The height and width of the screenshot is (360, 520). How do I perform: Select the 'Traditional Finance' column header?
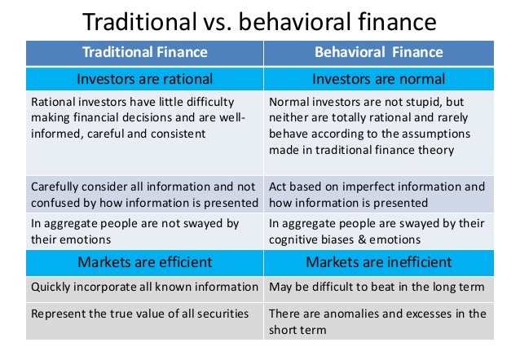click(x=145, y=53)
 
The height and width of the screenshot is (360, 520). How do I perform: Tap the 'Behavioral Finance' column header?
click(x=379, y=53)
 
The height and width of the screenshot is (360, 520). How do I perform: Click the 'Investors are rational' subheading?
click(x=145, y=79)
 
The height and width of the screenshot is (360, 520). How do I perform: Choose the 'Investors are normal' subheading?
click(x=379, y=79)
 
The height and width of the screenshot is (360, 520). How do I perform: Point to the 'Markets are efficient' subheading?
click(x=145, y=261)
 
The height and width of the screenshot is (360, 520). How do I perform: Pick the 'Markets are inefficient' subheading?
click(x=379, y=261)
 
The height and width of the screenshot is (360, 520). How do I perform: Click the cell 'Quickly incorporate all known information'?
click(x=144, y=287)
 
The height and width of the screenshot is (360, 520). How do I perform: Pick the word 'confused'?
click(x=55, y=202)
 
